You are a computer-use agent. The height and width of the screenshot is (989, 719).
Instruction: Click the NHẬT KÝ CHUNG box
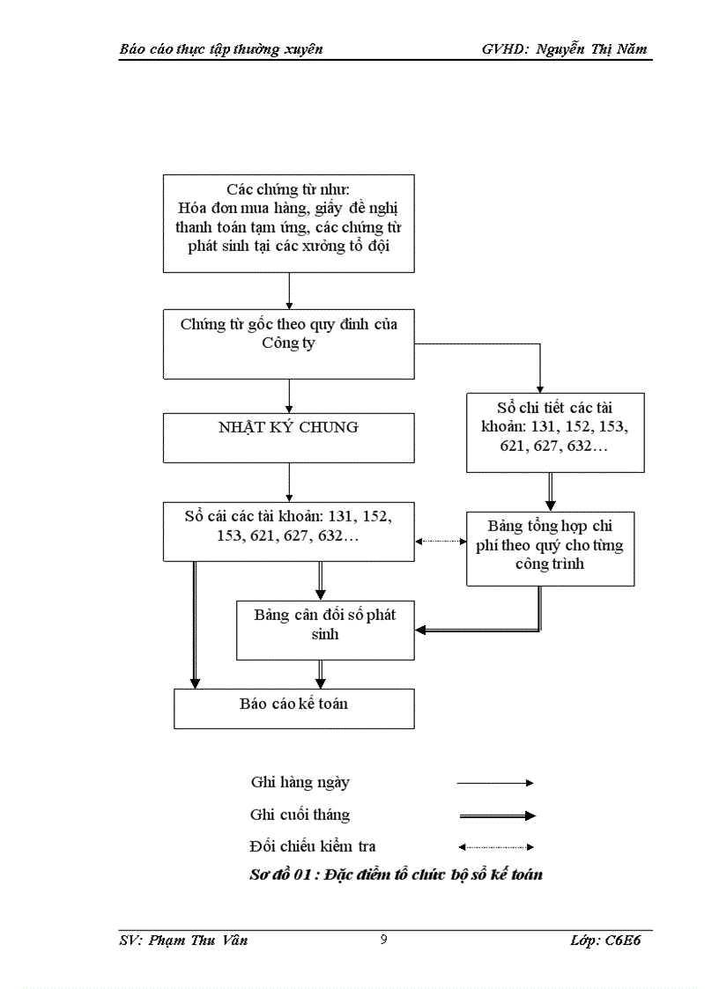click(x=288, y=438)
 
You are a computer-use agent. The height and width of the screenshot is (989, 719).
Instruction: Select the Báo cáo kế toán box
click(x=294, y=708)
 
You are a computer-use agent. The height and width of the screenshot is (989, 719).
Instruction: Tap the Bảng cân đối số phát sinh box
click(x=325, y=629)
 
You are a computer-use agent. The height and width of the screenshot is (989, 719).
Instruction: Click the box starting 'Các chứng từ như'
click(x=288, y=223)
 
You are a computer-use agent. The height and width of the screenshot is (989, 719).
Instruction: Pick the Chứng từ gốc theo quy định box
click(x=288, y=343)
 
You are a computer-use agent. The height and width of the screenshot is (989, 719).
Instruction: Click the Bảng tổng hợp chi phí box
click(x=550, y=548)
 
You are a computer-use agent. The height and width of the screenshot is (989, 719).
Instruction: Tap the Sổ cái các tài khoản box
click(x=288, y=531)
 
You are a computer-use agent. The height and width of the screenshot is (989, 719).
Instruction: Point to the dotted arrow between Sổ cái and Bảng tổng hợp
click(x=441, y=542)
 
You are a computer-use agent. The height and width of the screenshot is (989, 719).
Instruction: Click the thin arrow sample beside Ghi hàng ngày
click(x=496, y=782)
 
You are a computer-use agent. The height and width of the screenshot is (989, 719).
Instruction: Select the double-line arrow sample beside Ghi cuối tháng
click(x=496, y=816)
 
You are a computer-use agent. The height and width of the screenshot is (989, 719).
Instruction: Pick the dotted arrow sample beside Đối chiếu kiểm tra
click(x=496, y=847)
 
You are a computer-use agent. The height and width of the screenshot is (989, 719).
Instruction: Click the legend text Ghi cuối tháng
click(x=300, y=815)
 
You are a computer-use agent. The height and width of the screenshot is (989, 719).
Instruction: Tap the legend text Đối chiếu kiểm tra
click(x=313, y=846)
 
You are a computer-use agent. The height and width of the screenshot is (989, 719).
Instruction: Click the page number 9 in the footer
click(x=383, y=940)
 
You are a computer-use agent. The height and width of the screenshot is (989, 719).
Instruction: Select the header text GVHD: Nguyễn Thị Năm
click(x=564, y=49)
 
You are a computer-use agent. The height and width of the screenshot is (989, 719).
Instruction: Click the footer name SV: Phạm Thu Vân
click(x=183, y=941)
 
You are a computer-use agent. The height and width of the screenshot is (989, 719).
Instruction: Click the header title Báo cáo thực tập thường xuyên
click(x=221, y=49)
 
